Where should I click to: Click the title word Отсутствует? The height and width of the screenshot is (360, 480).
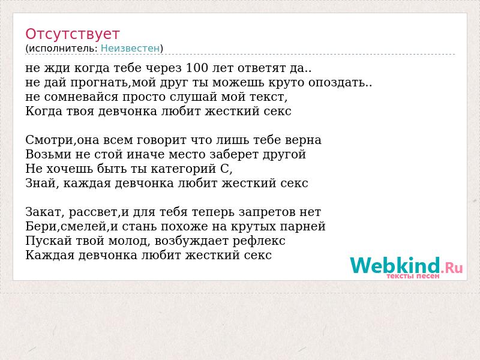pos(72,34)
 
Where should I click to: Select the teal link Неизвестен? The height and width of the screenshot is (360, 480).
pos(130,49)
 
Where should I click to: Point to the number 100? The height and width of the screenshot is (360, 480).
pos(197,68)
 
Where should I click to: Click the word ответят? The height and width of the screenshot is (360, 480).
pos(262,68)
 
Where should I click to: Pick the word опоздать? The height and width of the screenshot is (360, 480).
pos(337,83)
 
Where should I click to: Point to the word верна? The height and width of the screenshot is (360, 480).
pos(303,140)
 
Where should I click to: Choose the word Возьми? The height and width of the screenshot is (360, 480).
pos(49,154)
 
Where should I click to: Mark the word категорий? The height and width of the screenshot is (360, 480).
pos(184,169)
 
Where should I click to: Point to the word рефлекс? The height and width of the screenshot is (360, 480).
pos(259,241)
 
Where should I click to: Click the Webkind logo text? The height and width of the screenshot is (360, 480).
pos(395,265)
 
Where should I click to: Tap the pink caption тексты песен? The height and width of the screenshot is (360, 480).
pos(413,276)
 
